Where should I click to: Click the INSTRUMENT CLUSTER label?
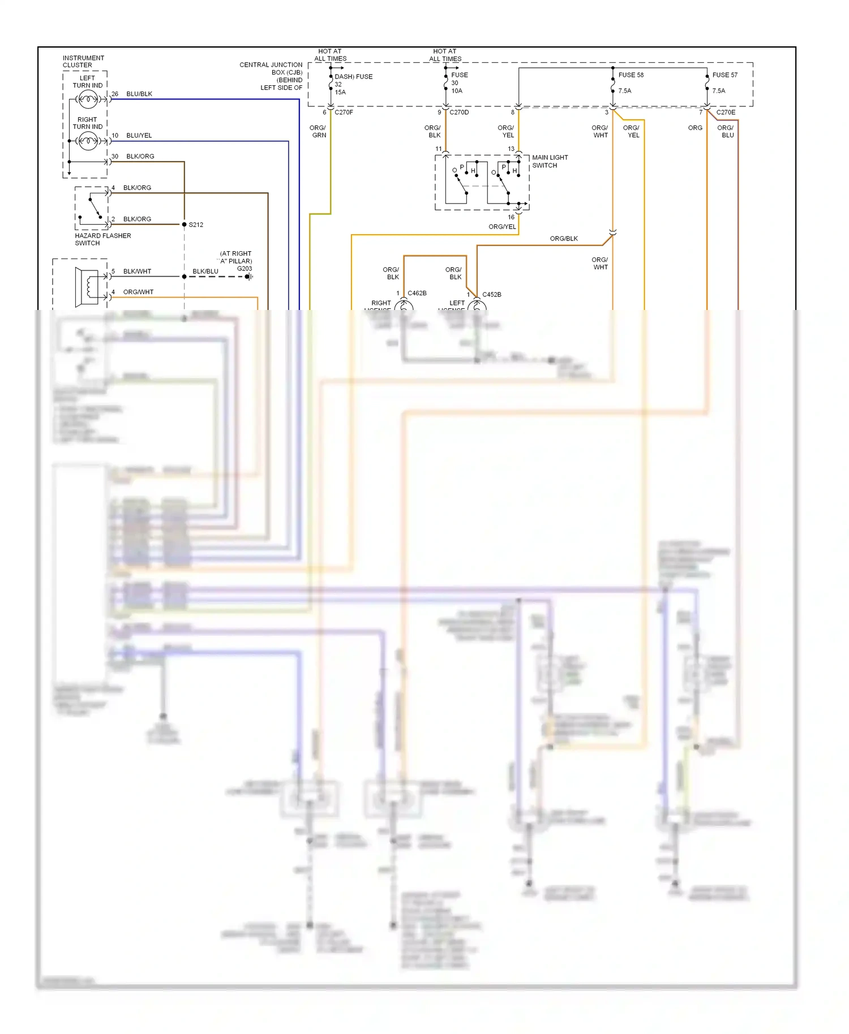click(83, 61)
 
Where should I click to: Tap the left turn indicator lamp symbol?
click(88, 100)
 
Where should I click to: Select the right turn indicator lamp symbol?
click(88, 141)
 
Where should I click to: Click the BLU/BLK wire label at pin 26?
click(139, 94)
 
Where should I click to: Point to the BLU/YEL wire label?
click(139, 136)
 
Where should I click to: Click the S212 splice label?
click(196, 225)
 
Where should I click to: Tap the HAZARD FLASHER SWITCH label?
click(102, 239)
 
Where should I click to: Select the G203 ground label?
click(245, 269)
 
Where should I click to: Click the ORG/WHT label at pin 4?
click(138, 292)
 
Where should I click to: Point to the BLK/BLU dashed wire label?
click(205, 272)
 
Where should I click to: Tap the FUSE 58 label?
click(631, 75)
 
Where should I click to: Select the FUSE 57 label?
click(724, 75)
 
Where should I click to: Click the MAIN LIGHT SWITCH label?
click(550, 161)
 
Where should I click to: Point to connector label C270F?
click(344, 113)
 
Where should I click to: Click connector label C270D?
click(459, 113)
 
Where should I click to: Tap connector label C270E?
click(726, 113)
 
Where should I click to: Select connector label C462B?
click(417, 293)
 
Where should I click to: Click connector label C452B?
click(491, 295)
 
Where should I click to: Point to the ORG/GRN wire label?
click(318, 131)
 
